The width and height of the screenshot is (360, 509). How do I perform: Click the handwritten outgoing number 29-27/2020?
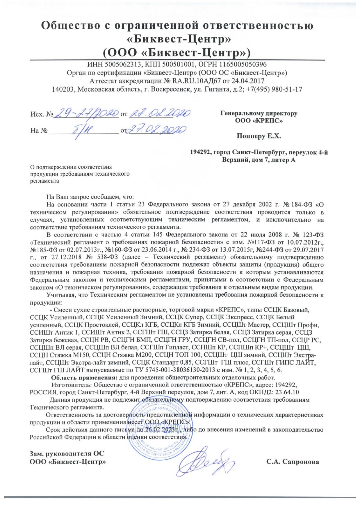[x=87, y=112]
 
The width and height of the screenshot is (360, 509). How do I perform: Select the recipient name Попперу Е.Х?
[x=259, y=136]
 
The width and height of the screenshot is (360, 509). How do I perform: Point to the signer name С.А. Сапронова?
[x=293, y=462]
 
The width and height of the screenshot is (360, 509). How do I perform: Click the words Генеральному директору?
[x=259, y=113]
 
